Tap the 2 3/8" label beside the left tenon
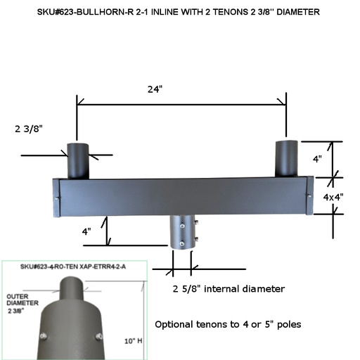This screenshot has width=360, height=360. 29,129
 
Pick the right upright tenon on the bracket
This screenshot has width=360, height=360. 285,158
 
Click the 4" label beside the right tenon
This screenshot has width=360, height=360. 317,160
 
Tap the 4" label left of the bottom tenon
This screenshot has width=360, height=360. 86,231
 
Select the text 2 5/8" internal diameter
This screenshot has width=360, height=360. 228,289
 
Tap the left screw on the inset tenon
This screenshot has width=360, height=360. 44,336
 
